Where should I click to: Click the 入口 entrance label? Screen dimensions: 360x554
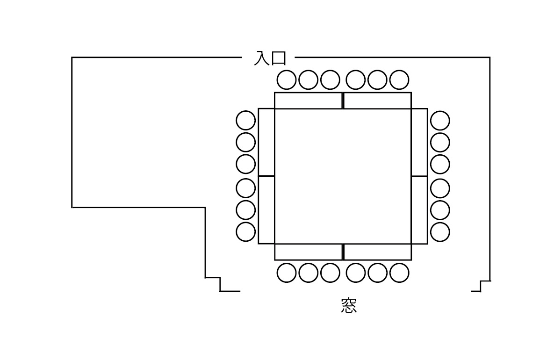tap(269, 58)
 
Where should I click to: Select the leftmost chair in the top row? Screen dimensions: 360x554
tap(286, 79)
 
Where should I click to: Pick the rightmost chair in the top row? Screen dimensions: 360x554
tap(399, 79)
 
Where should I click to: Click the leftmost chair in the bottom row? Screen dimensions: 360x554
tap(286, 273)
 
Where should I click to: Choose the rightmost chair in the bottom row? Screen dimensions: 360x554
tap(399, 273)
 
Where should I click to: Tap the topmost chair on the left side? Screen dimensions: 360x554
tap(246, 120)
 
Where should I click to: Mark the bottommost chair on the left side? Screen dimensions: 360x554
tap(246, 232)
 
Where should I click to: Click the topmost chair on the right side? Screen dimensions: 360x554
tap(440, 120)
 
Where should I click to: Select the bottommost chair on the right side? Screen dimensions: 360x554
tap(440, 232)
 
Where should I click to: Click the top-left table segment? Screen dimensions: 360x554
tap(308, 101)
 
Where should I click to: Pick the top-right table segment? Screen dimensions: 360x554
tap(377, 101)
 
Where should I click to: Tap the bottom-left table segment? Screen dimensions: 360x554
tap(308, 252)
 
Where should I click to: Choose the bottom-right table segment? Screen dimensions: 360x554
tap(377, 252)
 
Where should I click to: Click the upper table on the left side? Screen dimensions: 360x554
tap(266, 142)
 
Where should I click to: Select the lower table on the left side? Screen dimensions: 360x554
tap(266, 210)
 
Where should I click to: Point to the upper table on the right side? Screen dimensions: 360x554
tap(419, 142)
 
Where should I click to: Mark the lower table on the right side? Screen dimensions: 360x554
tap(419, 210)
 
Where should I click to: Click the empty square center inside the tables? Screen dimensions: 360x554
tap(343, 176)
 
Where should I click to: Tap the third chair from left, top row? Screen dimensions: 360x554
tap(330, 79)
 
